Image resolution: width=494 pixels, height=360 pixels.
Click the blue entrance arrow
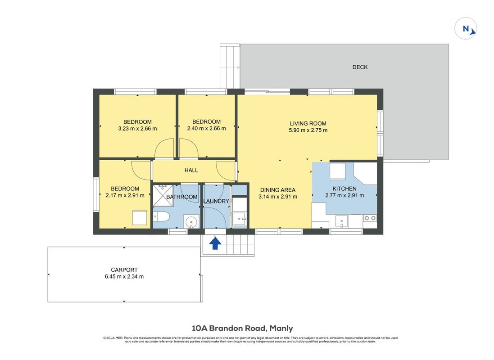215,243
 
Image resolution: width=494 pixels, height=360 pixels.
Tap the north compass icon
466,29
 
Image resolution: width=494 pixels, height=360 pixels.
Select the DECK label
360,67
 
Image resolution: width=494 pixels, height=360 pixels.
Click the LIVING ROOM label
308,123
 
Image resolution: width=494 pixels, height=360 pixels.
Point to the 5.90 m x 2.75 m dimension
308,130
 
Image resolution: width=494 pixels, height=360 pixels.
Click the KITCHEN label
344,189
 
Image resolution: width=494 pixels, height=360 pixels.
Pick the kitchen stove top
370,218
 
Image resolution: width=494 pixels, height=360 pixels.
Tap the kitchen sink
341,221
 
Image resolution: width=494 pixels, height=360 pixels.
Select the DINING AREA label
277,190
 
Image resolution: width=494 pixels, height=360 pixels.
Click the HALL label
191,171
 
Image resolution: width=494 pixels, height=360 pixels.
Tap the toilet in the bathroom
161,217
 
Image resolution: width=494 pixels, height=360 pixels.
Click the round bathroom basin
191,222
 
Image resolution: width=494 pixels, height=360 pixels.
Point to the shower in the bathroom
163,195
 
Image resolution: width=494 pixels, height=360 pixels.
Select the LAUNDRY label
216,201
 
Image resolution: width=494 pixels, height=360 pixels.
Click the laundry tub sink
240,218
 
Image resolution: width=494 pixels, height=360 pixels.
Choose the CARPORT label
124,270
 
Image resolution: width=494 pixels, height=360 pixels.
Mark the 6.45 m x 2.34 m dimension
124,277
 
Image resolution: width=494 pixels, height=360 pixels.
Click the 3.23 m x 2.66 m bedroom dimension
137,129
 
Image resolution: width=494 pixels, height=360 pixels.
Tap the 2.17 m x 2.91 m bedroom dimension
125,195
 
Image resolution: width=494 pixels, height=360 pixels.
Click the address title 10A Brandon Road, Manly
242,328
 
